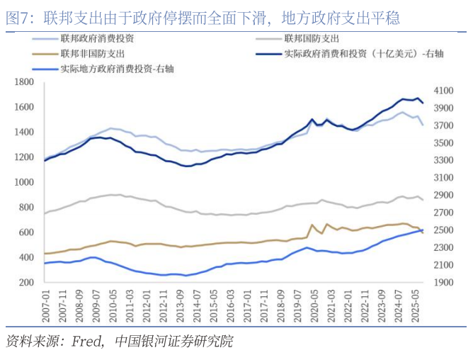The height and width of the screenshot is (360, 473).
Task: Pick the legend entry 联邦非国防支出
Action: click(x=93, y=54)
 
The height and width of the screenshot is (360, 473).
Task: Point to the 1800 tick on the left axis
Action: click(x=25, y=82)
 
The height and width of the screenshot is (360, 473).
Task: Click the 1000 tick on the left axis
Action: click(x=25, y=182)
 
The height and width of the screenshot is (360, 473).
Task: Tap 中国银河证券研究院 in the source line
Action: click(x=173, y=342)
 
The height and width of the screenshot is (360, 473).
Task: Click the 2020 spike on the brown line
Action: click(x=312, y=225)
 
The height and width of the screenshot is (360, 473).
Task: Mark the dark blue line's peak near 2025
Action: click(x=418, y=98)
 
